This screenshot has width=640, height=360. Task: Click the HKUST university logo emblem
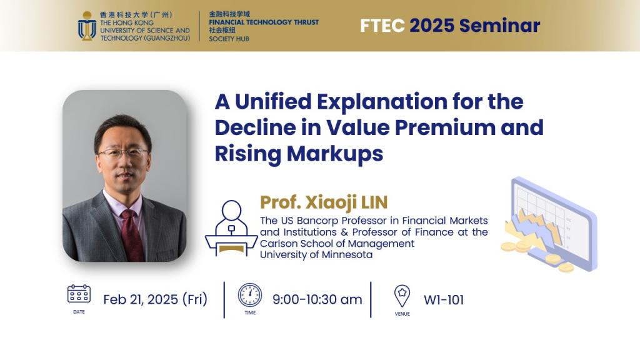click(x=86, y=26)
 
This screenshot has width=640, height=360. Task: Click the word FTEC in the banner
click(x=382, y=26)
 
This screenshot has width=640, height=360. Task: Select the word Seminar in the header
click(x=499, y=26)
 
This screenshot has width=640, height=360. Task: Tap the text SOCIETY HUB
click(x=229, y=39)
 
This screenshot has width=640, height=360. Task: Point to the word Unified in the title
click(x=273, y=101)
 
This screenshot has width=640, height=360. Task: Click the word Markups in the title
click(x=335, y=154)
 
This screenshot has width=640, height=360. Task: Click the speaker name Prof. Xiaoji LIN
click(x=324, y=202)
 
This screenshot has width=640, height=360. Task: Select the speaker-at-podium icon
click(x=231, y=228)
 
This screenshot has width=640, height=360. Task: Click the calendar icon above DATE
click(x=79, y=294)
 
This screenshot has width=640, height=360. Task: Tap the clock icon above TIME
click(x=250, y=295)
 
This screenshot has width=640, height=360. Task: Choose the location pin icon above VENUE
click(x=402, y=296)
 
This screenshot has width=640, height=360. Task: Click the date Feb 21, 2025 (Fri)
click(x=155, y=299)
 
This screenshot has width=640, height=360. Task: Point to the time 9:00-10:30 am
click(x=317, y=299)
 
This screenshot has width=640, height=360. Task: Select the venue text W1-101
click(x=444, y=300)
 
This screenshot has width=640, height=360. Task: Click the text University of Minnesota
click(x=316, y=255)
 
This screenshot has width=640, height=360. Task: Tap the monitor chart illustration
click(x=549, y=224)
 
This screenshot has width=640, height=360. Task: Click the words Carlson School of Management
click(x=337, y=244)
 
